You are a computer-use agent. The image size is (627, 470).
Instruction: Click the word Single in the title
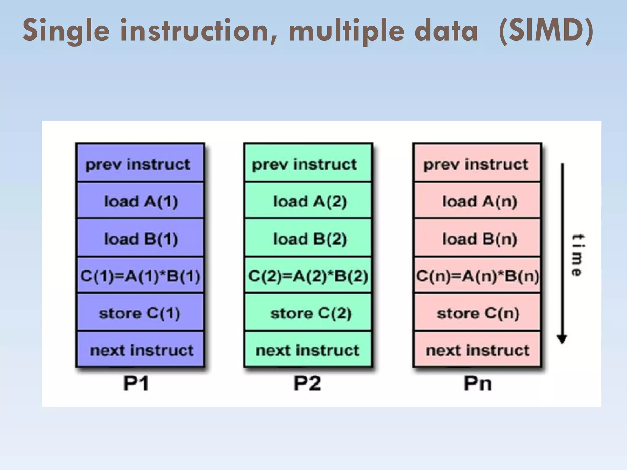pyautogui.click(x=66, y=31)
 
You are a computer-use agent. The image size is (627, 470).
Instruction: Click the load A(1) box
pyautogui.click(x=140, y=201)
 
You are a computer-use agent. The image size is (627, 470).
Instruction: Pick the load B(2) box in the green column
pyautogui.click(x=309, y=238)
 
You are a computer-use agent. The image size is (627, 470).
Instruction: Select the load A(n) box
pyautogui.click(x=478, y=201)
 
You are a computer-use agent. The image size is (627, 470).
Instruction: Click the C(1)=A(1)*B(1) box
pyautogui.click(x=140, y=275)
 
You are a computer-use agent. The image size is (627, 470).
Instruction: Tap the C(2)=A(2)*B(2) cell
pyautogui.click(x=309, y=275)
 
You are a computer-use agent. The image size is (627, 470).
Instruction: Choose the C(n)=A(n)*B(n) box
pyautogui.click(x=478, y=275)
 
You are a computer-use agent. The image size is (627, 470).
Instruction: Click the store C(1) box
pyautogui.click(x=140, y=313)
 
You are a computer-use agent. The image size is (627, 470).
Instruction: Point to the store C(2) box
pyautogui.click(x=309, y=313)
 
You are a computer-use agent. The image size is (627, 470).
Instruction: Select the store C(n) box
pyautogui.click(x=478, y=313)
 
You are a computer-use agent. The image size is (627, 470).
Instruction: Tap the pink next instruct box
pyautogui.click(x=478, y=350)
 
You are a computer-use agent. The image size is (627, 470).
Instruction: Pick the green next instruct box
pyautogui.click(x=309, y=350)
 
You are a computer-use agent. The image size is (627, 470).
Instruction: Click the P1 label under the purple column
pyautogui.click(x=136, y=383)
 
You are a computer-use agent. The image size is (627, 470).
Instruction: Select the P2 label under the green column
pyautogui.click(x=307, y=383)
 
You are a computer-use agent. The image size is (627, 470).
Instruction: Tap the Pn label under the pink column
pyautogui.click(x=478, y=383)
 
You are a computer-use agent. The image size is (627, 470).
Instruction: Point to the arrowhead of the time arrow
pyautogui.click(x=562, y=339)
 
